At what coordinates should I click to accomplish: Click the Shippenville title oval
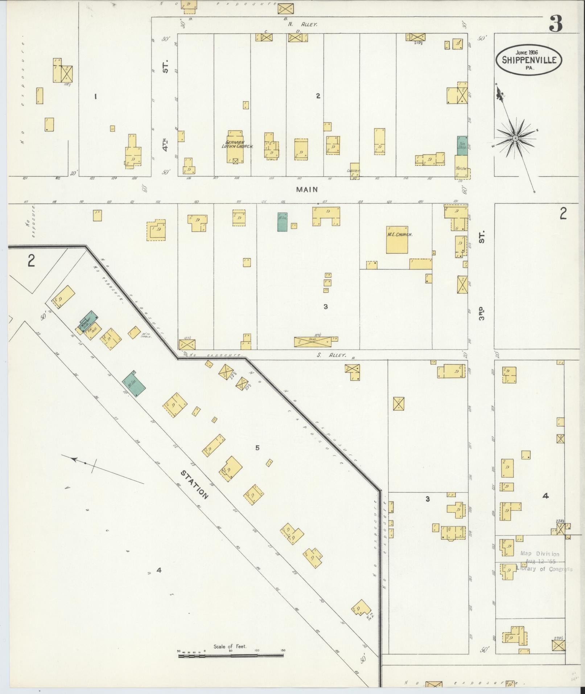529,60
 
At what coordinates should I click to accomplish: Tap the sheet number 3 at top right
555,24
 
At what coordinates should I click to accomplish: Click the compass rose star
515,138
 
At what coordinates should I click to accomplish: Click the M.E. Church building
397,239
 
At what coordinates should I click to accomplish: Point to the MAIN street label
306,189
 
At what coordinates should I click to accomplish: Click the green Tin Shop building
462,146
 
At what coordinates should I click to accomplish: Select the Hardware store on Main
462,167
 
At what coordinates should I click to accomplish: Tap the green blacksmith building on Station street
134,384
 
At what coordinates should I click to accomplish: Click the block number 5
257,448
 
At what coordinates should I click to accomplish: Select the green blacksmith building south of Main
283,222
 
